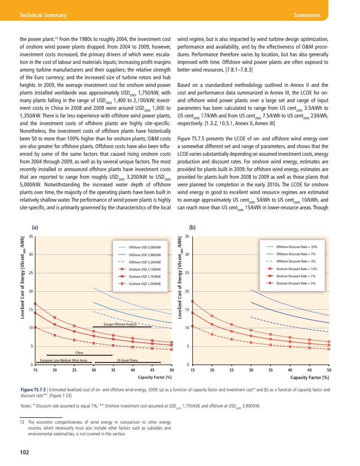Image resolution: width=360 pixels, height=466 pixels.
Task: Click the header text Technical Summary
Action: tap(43, 15)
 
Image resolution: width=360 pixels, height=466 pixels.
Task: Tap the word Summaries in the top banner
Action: tap(306, 15)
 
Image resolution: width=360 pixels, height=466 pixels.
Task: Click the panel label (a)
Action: tap(35, 227)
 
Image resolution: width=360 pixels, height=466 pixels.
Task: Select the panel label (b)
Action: tap(193, 227)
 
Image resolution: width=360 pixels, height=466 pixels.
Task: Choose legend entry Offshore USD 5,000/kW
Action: tap(144, 247)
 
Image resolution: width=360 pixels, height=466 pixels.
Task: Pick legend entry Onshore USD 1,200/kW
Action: tap(144, 284)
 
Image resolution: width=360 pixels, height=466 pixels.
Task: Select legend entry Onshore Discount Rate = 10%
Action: tap(297, 268)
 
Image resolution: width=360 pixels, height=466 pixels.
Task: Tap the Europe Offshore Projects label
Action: tap(120, 324)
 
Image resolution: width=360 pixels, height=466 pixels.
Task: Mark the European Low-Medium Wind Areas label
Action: tap(63, 360)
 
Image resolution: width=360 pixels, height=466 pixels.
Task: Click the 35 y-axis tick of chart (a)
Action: tap(31, 237)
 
